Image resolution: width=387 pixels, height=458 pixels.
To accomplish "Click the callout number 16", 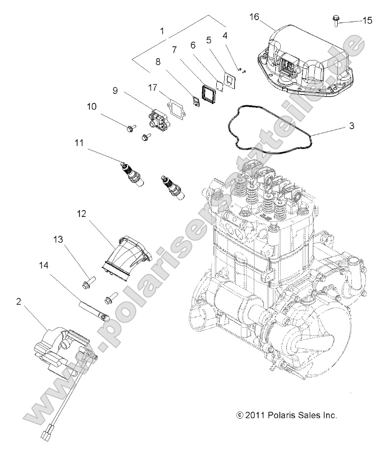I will click(254, 17).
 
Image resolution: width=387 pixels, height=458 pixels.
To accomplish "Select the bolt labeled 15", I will click(335, 20).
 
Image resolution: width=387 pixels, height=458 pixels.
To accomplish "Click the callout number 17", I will click(153, 88).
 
